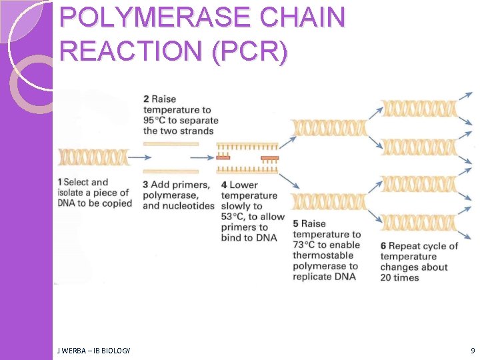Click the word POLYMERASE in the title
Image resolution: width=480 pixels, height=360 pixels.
(157, 18)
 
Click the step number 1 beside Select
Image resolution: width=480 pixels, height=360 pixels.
(60, 182)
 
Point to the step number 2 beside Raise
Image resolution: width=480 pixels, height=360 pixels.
(146, 99)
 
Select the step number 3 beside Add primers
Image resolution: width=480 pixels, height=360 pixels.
(146, 185)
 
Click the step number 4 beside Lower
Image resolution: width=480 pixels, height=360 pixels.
(224, 185)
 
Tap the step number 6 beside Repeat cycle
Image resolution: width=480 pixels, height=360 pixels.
(383, 246)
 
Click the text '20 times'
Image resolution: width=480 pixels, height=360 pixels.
(400, 277)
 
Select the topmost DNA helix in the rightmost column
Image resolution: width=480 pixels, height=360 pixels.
(418, 108)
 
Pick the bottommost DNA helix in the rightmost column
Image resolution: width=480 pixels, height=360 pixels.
(418, 223)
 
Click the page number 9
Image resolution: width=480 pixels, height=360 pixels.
(473, 351)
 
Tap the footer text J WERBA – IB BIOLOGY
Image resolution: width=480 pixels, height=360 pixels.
(93, 351)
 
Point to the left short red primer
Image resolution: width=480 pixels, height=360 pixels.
(223, 158)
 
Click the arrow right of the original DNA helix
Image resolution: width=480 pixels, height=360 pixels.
(139, 158)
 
